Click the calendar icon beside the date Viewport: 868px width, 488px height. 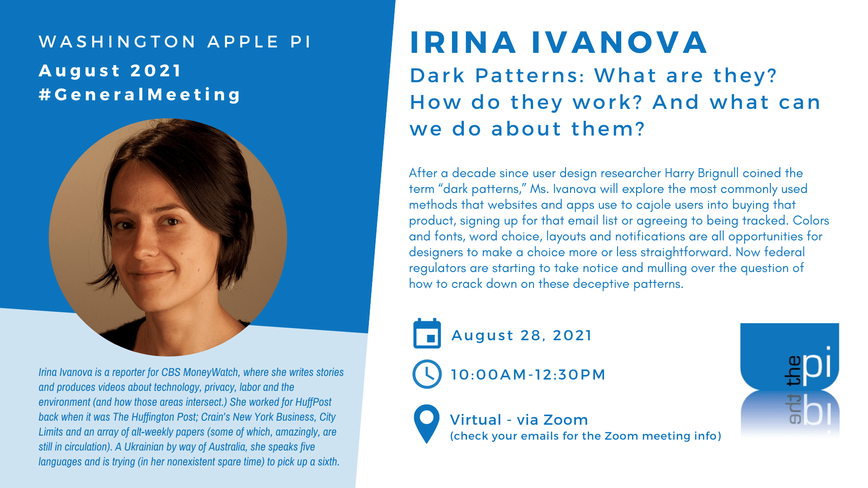tap(427, 333)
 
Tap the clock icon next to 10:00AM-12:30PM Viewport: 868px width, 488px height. tap(427, 374)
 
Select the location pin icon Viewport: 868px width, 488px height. tap(426, 424)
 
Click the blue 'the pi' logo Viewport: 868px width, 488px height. tap(789, 380)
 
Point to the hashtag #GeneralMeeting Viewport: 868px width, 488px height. tap(140, 95)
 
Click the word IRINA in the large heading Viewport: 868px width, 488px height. tap(463, 43)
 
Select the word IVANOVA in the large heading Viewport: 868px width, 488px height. tap(619, 43)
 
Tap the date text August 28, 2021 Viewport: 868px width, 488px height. tap(522, 335)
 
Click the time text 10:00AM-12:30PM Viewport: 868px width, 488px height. tap(528, 375)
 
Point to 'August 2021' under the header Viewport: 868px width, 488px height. tap(110, 71)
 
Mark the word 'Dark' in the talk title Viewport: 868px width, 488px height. tap(437, 75)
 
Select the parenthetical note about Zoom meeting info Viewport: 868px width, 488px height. tap(585, 436)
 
